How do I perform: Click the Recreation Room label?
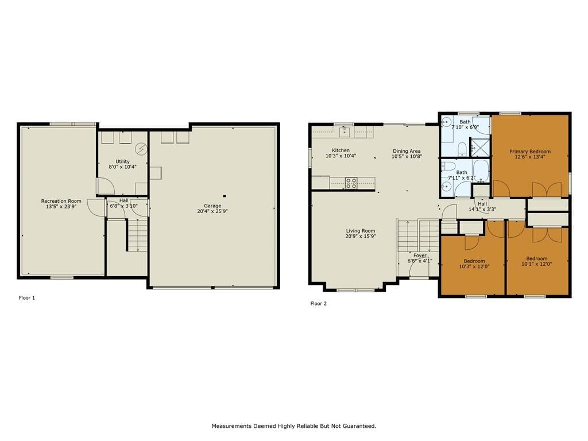tap(61, 201)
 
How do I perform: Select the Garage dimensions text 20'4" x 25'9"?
tap(212, 211)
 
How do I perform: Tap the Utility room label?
tap(123, 161)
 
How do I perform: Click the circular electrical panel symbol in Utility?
tap(141, 149)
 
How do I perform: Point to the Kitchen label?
tap(341, 150)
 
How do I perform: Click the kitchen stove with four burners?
tap(351, 183)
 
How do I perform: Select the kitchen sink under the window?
tap(345, 131)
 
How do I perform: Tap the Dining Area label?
tap(407, 151)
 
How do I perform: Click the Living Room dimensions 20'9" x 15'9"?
tap(361, 236)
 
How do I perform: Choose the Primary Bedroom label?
tap(530, 152)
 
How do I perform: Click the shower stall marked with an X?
tap(480, 147)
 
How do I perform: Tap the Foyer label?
tap(420, 256)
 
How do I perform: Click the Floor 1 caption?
tap(26, 298)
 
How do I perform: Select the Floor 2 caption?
tap(318, 303)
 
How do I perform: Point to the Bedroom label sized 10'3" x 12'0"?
tap(474, 261)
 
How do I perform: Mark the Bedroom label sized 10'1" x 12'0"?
tap(537, 258)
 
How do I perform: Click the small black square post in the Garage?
tap(225, 196)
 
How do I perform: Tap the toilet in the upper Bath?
tap(462, 149)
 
